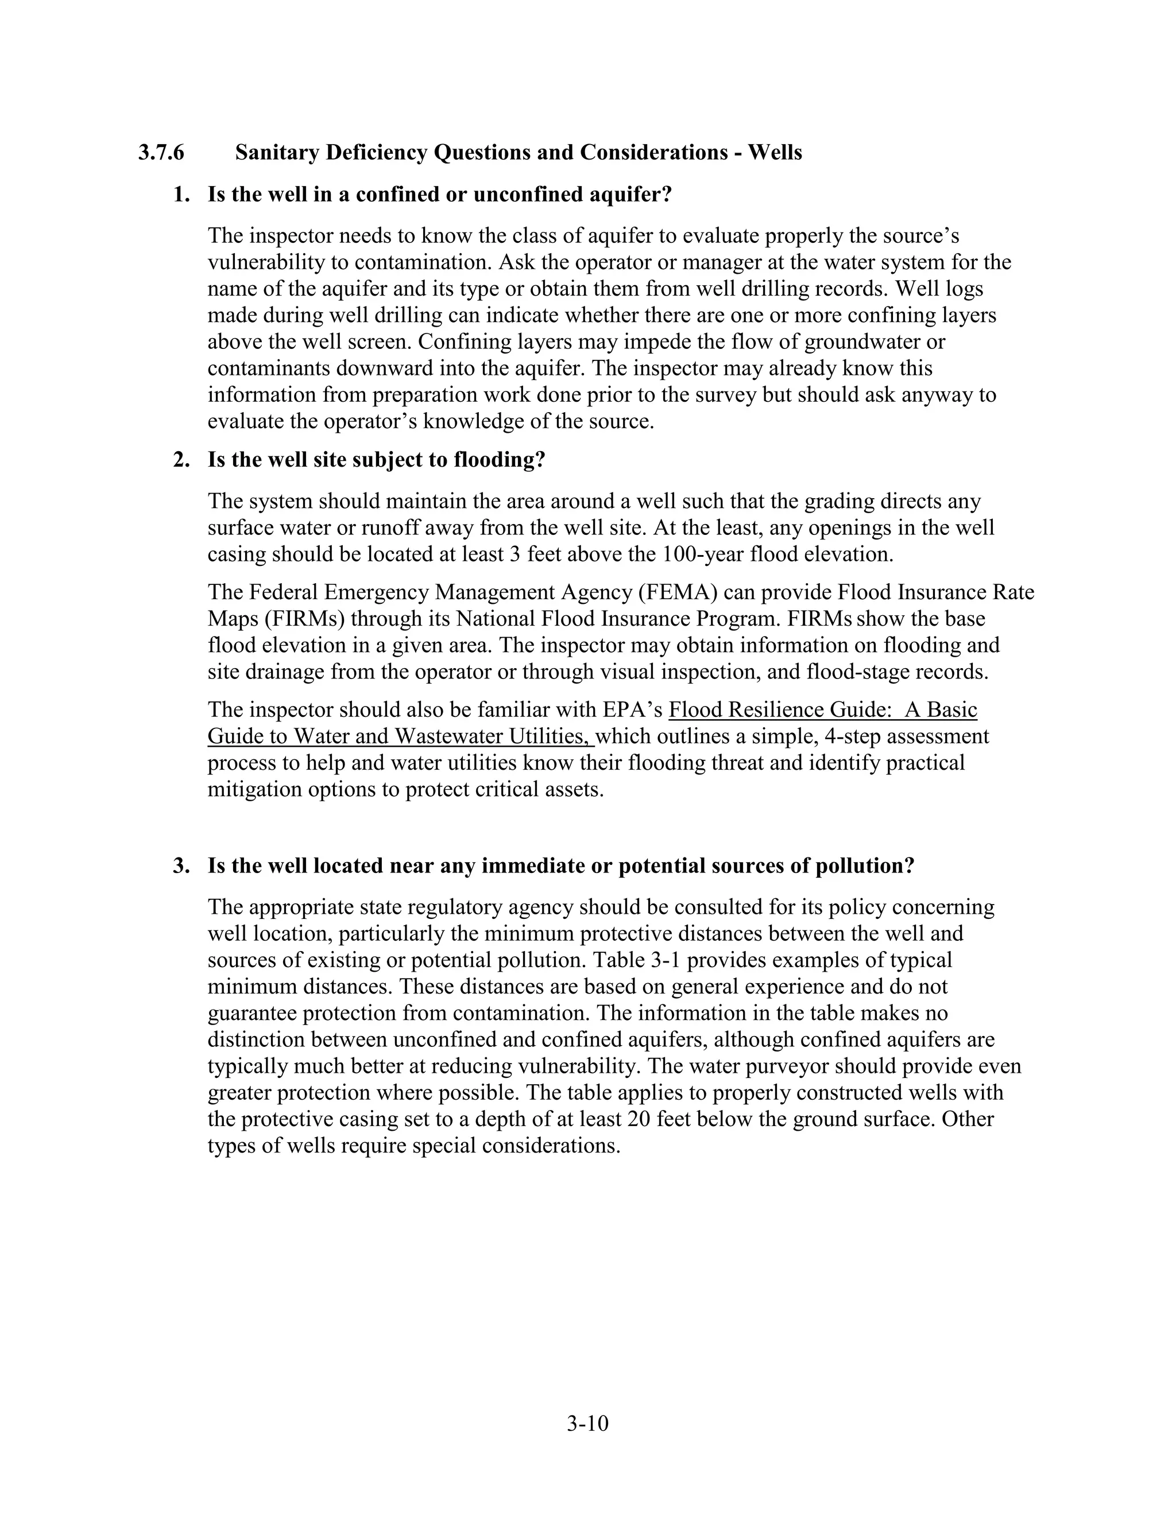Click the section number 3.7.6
161,153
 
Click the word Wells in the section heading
775,153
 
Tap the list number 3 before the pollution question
180,866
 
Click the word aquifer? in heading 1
630,195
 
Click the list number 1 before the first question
180,195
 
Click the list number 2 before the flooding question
180,460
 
